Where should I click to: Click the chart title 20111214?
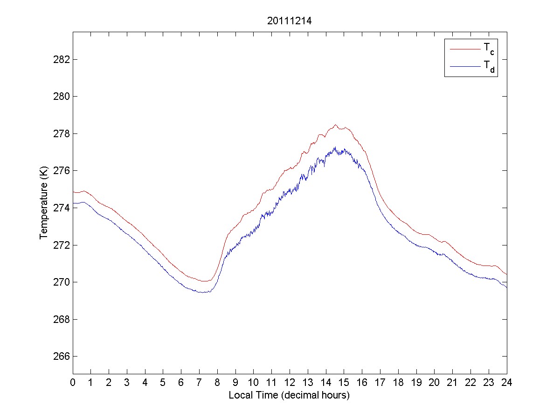289,21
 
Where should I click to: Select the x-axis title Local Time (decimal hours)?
289,395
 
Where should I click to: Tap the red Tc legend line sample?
464,49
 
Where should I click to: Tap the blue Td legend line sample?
464,67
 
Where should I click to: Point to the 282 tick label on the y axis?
62,59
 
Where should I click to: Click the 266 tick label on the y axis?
62,357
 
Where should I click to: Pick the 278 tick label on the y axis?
62,133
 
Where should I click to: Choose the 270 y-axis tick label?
62,282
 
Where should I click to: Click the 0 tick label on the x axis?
73,382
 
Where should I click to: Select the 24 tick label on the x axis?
506,382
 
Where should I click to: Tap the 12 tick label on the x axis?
290,382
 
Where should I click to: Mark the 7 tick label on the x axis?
199,382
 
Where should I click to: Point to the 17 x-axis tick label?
380,382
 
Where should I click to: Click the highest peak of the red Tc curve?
335,125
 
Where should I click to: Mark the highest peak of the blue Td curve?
335,147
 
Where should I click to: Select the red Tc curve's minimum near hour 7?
204,281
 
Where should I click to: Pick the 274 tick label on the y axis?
62,208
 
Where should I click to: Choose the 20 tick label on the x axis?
434,382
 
